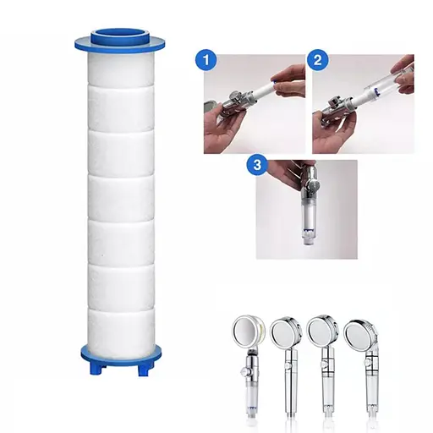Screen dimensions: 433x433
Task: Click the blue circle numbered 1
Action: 206,60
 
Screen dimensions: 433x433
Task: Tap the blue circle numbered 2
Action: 317,60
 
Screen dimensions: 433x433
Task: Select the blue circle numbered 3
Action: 257,165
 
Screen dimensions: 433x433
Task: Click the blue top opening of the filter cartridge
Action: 119,36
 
